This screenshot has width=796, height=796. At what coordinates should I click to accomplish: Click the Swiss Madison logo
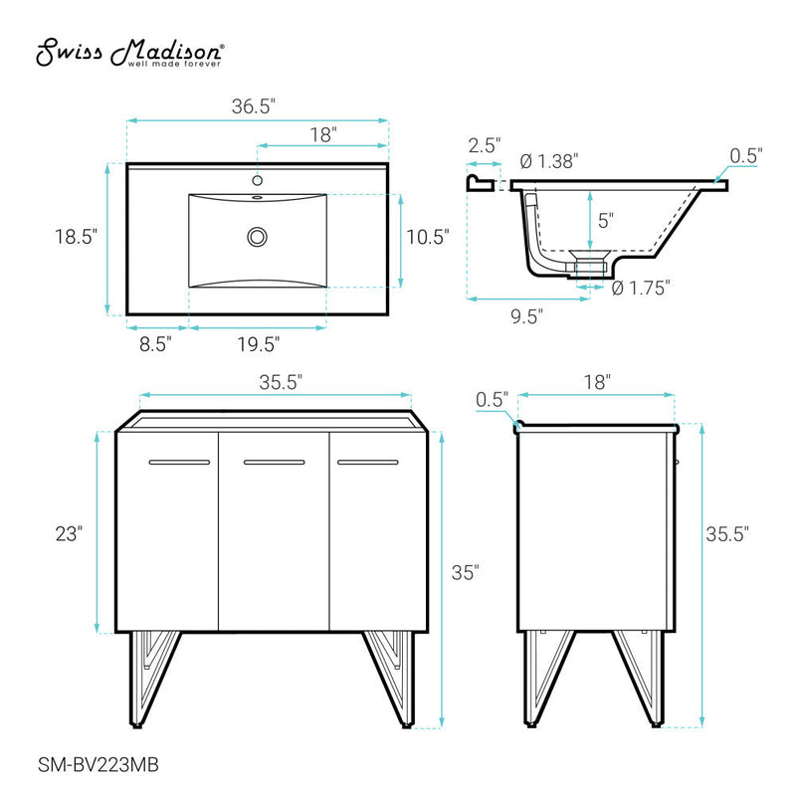click(130, 54)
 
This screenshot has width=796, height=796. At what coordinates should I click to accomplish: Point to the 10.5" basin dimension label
click(428, 237)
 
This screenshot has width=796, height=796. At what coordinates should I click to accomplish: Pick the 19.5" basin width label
click(257, 344)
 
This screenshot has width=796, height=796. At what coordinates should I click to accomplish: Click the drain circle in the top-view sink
click(258, 237)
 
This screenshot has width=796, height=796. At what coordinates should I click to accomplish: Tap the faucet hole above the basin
click(258, 181)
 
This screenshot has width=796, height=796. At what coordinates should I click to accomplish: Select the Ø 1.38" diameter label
click(549, 162)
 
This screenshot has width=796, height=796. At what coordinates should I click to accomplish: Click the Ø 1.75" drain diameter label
click(641, 288)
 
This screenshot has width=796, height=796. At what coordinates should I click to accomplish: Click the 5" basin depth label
click(606, 218)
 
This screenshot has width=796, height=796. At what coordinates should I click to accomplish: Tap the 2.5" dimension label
click(485, 144)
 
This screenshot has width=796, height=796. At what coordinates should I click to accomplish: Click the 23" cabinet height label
click(68, 533)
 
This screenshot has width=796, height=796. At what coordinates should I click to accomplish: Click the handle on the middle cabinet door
click(274, 463)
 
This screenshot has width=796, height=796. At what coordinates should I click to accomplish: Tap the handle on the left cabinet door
click(179, 463)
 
